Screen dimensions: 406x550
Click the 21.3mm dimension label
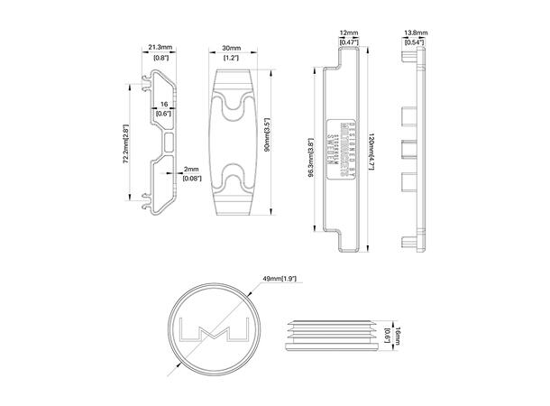pos(160,49)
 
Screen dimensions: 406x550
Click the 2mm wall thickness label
pos(191,169)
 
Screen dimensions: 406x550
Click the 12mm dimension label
pos(350,33)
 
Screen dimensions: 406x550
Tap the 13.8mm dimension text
pos(415,33)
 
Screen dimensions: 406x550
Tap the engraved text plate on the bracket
pos(342,144)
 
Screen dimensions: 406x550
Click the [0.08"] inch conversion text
pos(191,179)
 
